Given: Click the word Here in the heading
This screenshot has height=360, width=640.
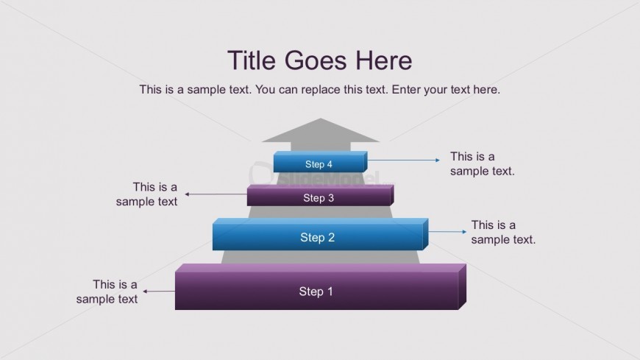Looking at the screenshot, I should point(383,60).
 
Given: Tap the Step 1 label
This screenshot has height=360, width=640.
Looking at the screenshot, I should point(316,292).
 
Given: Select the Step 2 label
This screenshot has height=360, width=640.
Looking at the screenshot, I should point(317,237).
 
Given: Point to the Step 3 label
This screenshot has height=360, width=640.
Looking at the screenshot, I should point(319,197).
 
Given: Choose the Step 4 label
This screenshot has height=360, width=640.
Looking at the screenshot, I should point(319,164).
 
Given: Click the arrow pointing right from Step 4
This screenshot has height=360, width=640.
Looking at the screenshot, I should point(403,160).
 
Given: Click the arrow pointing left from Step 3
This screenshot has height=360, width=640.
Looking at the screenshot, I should point(216,194).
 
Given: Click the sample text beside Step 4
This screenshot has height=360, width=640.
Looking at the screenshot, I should point(482,163).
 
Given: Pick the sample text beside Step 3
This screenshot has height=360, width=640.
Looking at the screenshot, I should point(147,194).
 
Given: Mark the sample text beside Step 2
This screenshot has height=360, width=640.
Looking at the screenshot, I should point(503,232).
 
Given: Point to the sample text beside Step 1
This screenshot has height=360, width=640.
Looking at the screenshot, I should point(107,292).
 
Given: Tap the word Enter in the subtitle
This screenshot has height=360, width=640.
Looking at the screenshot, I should point(407,90).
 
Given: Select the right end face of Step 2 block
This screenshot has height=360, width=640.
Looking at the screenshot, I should point(426,235).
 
